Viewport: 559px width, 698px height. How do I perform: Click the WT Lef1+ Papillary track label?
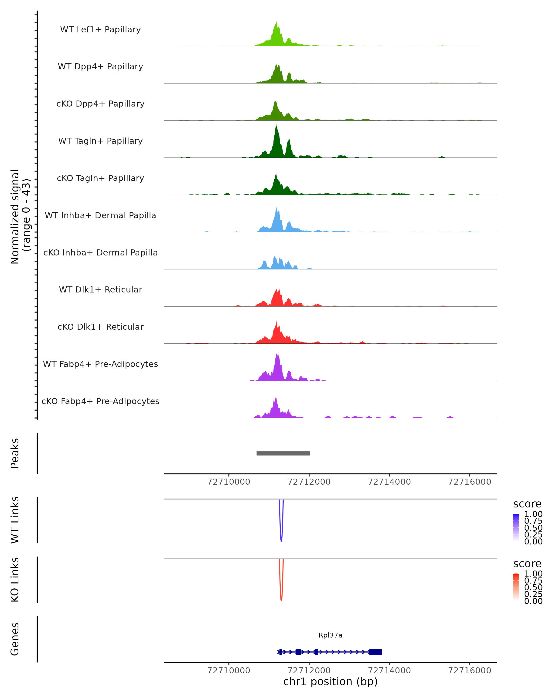pos(100,30)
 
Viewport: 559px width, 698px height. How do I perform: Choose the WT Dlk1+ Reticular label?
pos(100,289)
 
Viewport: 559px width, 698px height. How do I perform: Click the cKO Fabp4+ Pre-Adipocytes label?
pos(100,401)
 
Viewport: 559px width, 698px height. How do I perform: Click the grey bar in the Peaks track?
pos(283,453)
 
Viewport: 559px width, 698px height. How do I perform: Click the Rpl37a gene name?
pos(330,635)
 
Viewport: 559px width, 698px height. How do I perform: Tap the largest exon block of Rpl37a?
pos(375,652)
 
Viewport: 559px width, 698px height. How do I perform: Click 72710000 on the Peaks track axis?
pos(228,482)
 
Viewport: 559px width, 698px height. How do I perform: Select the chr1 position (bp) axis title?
pos(330,682)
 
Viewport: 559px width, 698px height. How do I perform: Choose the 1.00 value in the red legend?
pos(533,574)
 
